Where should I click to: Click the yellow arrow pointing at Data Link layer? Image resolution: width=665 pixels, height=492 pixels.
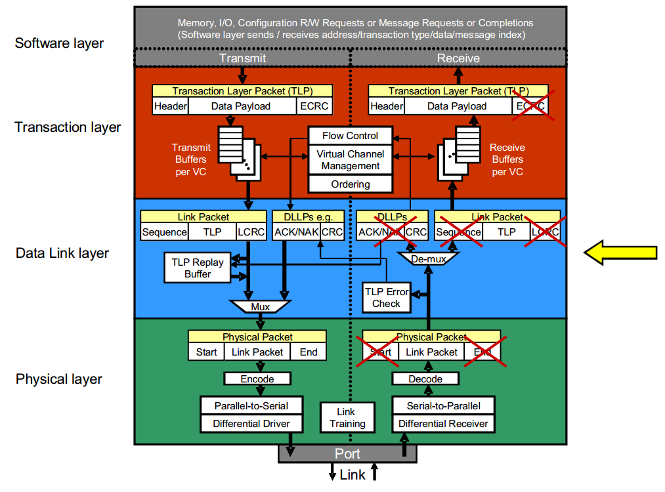click(x=620, y=253)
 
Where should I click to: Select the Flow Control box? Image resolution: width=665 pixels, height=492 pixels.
click(x=351, y=136)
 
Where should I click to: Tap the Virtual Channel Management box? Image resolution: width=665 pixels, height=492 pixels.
click(x=351, y=160)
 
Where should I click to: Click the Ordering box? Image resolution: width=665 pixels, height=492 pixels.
click(x=351, y=184)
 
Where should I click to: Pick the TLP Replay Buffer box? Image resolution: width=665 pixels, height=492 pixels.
click(x=198, y=268)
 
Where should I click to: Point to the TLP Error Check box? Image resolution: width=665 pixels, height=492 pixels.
click(x=386, y=297)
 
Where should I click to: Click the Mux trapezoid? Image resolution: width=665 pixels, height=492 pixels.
click(x=260, y=306)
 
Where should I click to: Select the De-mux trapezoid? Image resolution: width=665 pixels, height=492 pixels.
click(x=428, y=258)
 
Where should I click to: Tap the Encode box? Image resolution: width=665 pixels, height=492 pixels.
click(x=257, y=379)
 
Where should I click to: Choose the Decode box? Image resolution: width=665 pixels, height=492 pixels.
click(x=425, y=379)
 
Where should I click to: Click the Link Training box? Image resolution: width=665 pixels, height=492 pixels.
click(x=347, y=418)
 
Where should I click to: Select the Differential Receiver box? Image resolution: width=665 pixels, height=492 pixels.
click(x=443, y=424)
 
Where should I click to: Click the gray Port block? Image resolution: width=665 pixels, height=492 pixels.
click(x=347, y=453)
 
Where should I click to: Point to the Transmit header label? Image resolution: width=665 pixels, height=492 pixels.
click(x=243, y=58)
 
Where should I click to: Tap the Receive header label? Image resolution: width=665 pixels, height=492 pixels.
click(x=458, y=58)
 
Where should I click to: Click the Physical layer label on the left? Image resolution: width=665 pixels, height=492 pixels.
click(x=59, y=379)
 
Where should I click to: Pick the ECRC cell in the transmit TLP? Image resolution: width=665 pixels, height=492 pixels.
click(x=314, y=106)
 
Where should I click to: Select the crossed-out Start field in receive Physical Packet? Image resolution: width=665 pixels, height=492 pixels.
click(x=381, y=352)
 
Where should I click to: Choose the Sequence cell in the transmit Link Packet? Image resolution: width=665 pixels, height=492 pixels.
click(x=164, y=232)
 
